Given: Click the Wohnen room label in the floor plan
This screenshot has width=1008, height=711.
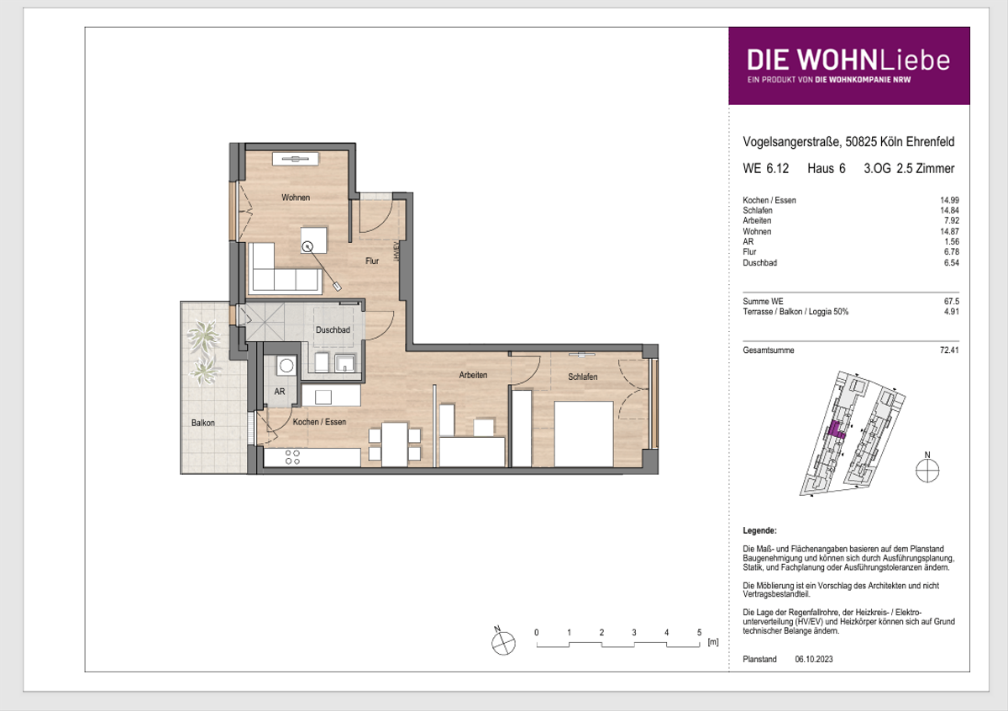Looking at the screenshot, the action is click(x=296, y=197).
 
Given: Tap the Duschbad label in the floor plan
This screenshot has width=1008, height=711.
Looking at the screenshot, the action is click(x=333, y=329).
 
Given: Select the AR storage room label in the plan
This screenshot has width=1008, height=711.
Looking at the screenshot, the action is click(x=280, y=392).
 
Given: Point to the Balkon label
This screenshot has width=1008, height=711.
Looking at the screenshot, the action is click(x=203, y=423).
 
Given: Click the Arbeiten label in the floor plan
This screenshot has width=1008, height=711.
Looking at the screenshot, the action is click(x=473, y=375).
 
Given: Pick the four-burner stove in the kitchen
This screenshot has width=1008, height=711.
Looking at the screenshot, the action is click(x=292, y=457).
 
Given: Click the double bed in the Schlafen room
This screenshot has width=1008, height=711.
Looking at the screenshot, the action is click(x=584, y=434).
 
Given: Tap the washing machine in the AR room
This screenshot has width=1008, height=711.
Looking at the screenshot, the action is click(x=286, y=366).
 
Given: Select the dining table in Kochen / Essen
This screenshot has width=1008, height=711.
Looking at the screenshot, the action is click(x=395, y=444).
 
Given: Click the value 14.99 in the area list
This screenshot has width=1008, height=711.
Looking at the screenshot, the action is click(x=949, y=200).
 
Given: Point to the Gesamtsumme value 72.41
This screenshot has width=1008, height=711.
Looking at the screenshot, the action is click(x=949, y=350).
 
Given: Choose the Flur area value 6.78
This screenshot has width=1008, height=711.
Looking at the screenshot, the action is click(x=952, y=252).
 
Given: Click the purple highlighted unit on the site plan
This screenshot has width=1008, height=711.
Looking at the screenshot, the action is click(x=836, y=430).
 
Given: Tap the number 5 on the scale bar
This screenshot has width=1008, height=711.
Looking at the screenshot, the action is click(x=699, y=632).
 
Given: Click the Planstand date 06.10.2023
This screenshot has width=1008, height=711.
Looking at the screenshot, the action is click(x=814, y=659).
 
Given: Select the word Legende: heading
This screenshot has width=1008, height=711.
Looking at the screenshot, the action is click(x=759, y=530).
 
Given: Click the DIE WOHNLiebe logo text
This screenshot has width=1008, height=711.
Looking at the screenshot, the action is click(x=848, y=61).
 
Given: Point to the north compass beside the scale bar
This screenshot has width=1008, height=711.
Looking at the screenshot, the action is click(x=503, y=641).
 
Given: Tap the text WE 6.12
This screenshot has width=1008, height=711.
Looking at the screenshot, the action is click(x=765, y=168).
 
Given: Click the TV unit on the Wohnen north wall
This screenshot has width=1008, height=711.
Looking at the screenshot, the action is click(x=295, y=159).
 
